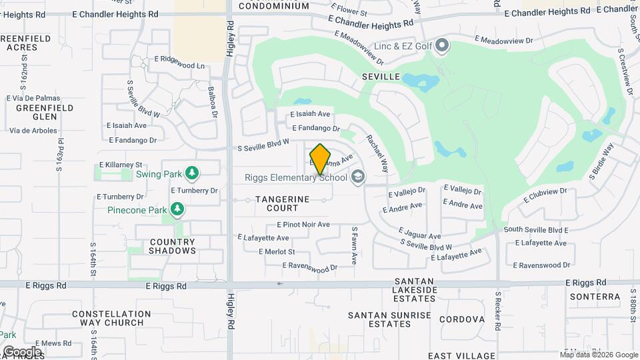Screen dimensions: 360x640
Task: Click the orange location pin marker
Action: click(321, 159)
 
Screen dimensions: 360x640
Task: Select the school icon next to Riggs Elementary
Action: click(358, 176)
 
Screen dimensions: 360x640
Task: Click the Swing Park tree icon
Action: click(192, 173)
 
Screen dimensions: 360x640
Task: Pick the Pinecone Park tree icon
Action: click(177, 210)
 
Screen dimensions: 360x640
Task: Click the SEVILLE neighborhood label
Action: click(381, 77)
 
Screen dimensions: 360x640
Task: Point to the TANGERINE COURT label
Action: click(283, 203)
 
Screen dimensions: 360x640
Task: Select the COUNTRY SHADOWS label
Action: click(173, 247)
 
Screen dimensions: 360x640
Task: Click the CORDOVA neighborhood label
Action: click(462, 319)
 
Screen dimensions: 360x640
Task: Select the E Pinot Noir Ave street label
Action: click(303, 225)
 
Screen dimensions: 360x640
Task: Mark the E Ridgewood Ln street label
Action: click(179, 65)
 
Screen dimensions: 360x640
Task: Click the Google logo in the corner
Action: click(22, 351)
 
